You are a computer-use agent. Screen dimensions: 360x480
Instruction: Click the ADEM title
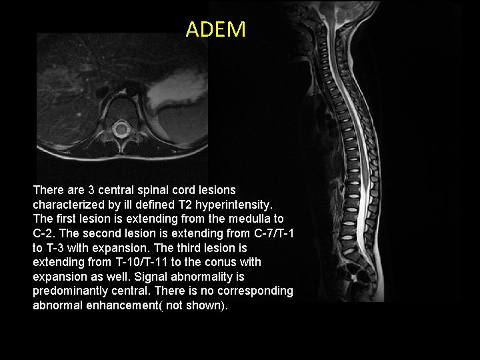click(215, 29)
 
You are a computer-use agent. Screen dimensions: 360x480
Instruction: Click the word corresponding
click(254, 291)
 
